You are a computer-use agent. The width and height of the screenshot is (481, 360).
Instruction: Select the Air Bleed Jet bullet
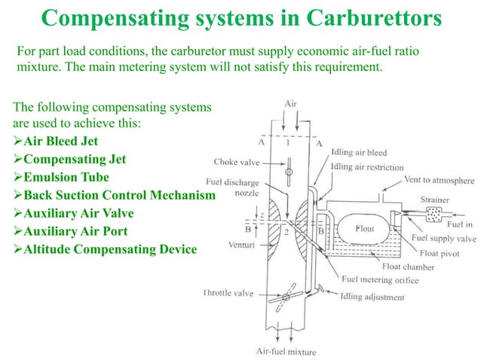click(60, 141)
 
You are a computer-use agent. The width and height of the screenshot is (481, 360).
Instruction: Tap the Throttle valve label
click(228, 292)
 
